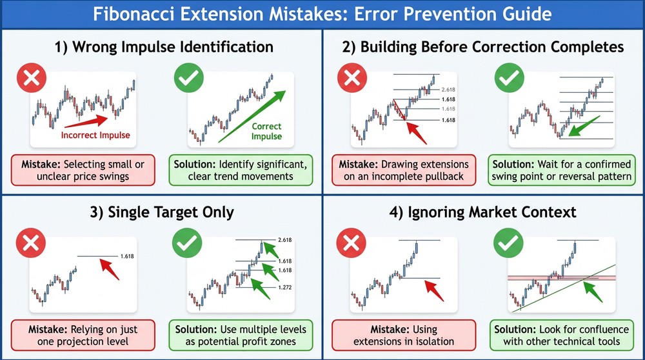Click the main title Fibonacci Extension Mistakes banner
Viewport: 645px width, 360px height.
[322, 14]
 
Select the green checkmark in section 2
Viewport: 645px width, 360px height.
[508, 79]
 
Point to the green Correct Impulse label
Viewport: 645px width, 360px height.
[266, 132]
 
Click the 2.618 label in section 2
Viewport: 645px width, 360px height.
[448, 88]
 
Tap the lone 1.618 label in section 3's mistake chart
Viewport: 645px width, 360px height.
[127, 257]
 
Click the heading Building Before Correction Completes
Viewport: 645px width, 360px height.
[484, 47]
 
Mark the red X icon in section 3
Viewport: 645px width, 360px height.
[27, 244]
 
